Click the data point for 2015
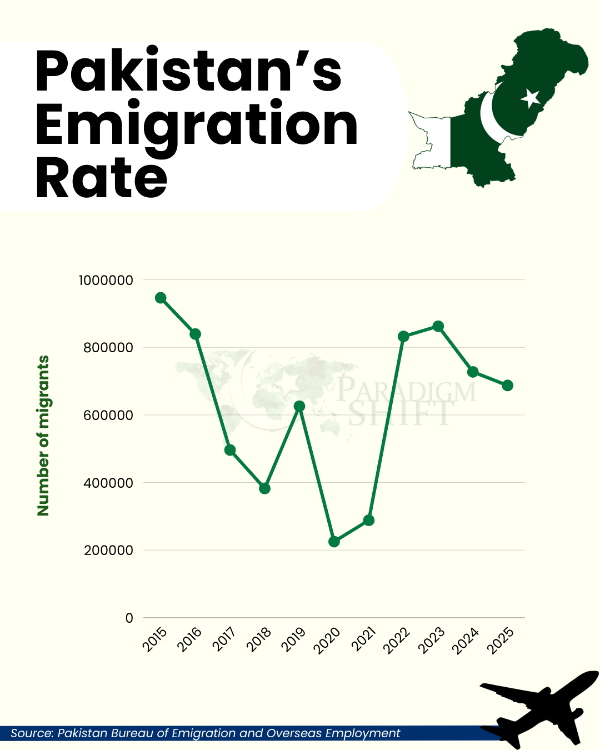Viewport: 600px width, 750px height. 161,298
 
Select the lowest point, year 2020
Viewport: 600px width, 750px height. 334,542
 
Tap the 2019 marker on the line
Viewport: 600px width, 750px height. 299,406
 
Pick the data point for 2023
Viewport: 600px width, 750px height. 438,326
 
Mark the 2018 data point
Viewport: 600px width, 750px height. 264,488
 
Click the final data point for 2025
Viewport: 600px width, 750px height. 507,386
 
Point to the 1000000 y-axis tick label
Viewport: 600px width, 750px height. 106,280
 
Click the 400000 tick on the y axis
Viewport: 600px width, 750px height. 109,483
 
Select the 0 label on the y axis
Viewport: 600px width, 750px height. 129,618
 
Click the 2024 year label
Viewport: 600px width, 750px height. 466,640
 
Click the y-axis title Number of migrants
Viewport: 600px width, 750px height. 43,436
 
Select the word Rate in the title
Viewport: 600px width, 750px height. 102,179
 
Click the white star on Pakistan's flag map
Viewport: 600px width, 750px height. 530,98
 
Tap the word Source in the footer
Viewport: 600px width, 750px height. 31,733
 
